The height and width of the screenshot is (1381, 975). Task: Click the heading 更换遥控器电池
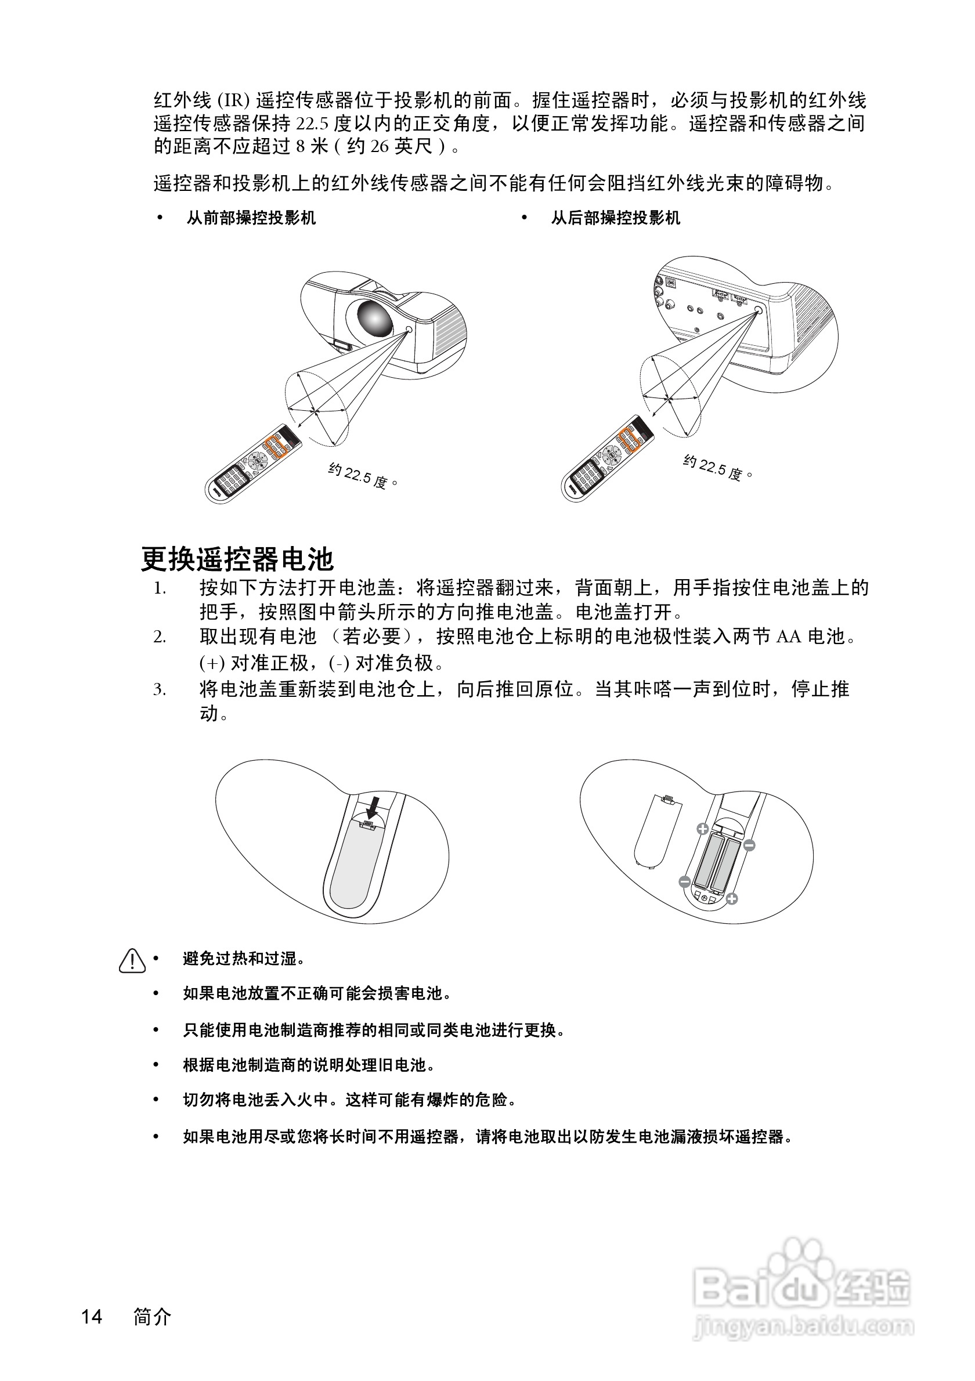237,559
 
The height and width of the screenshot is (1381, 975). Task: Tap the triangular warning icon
132,961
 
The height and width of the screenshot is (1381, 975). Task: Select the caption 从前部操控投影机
251,218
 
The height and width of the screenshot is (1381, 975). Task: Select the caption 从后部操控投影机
615,218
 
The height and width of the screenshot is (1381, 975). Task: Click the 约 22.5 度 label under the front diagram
363,476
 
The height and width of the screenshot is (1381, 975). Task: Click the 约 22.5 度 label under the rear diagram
717,467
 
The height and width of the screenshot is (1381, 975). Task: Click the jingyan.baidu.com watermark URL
804,1326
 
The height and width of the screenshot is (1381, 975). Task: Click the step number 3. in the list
160,689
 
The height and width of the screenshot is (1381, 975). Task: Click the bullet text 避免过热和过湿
244,959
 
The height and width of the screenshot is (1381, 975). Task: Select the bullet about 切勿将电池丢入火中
349,1100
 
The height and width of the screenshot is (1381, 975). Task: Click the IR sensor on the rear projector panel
758,309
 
